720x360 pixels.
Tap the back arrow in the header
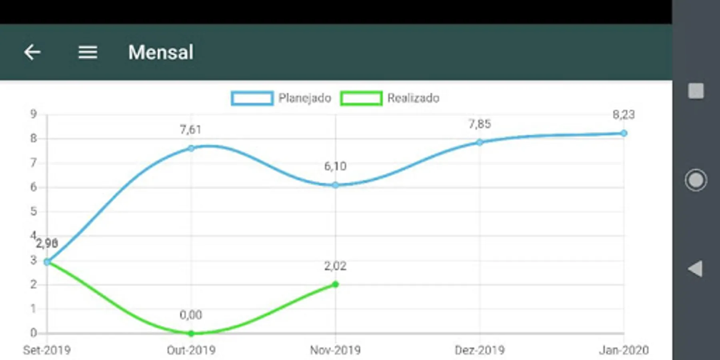(x=32, y=52)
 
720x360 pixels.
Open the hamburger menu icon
(x=88, y=52)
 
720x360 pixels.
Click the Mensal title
(x=161, y=52)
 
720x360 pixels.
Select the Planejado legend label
(x=304, y=98)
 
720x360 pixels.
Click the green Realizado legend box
(x=361, y=98)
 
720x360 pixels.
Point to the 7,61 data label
(x=190, y=130)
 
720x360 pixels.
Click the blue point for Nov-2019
(x=335, y=185)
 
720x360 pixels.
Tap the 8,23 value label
(x=623, y=115)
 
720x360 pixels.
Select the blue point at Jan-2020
(x=624, y=133)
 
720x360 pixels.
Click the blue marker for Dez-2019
(x=479, y=142)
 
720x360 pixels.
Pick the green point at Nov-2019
(x=335, y=284)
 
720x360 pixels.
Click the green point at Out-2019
(x=191, y=333)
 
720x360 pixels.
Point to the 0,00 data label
(x=191, y=315)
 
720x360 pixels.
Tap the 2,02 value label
(x=335, y=266)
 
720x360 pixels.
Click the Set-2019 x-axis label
(x=47, y=350)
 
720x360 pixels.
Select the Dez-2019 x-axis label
(x=479, y=350)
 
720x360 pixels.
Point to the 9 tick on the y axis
(x=34, y=114)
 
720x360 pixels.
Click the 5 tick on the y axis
(x=34, y=211)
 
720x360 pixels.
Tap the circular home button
(x=696, y=180)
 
